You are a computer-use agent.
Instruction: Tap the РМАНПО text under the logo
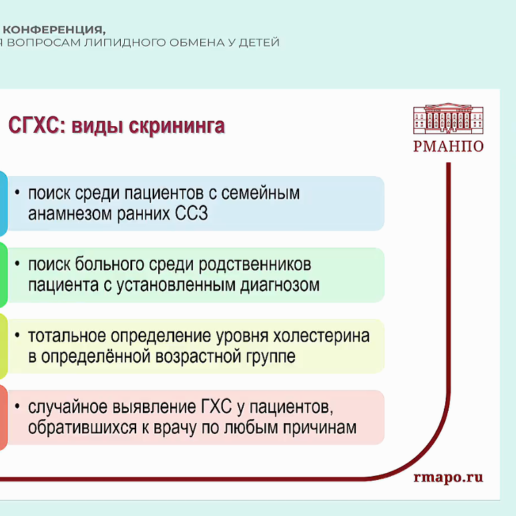coord(448,147)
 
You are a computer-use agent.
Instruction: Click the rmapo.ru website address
coord(448,477)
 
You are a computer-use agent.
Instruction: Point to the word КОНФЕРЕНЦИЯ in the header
coord(53,29)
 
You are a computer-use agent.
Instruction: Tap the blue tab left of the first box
coord(3,204)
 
